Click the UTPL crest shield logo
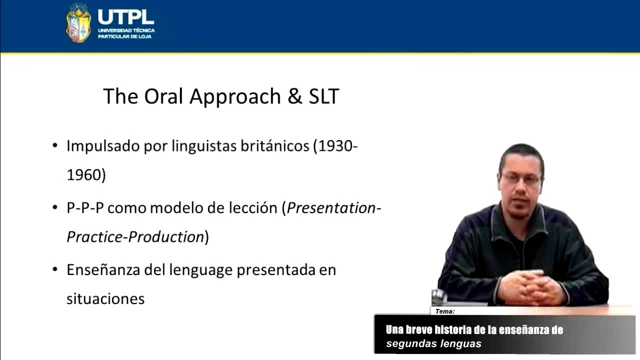pos(78,23)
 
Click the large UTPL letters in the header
pos(125,16)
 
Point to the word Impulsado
pos(103,146)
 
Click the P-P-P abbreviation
pos(85,208)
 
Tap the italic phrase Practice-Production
pos(135,237)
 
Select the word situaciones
pos(105,299)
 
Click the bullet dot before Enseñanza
pos(55,270)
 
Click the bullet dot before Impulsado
pos(55,146)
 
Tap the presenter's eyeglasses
pos(521,178)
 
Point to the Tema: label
pos(444,311)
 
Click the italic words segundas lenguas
pos(433,344)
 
